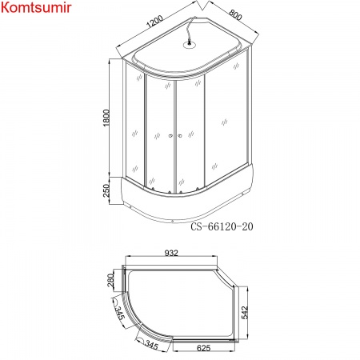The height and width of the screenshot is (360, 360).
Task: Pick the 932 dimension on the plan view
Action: [x=171, y=254]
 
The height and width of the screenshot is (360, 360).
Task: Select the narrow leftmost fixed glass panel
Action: [x=134, y=128]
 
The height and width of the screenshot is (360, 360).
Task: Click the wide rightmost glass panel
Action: [x=221, y=128]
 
